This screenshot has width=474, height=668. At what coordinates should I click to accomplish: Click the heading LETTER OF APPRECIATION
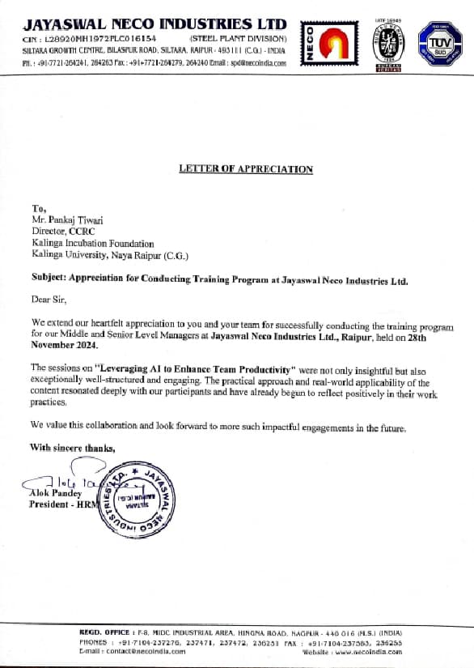click(245, 169)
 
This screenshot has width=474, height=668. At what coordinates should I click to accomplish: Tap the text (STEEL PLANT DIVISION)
click(238, 38)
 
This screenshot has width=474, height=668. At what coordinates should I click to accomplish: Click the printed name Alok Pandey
click(55, 493)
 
